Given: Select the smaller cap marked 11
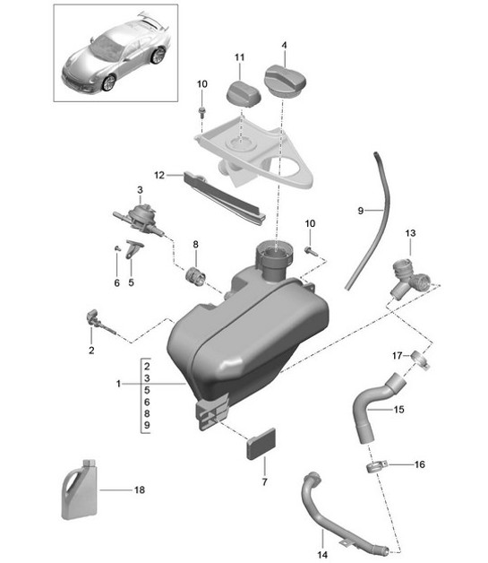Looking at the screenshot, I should [x=239, y=91].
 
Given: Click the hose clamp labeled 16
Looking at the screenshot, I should [x=377, y=466].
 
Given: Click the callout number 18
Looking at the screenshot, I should [x=139, y=490].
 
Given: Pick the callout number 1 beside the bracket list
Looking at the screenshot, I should [x=117, y=385].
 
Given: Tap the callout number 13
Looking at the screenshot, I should [x=410, y=233].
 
